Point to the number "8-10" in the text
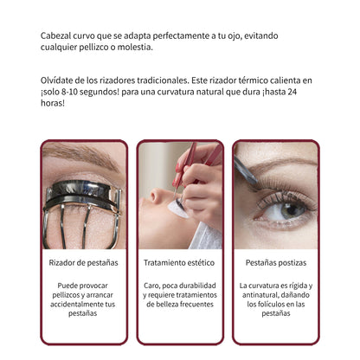[69, 92]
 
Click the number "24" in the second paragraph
[292, 92]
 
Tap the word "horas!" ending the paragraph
[53, 103]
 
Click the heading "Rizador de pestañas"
[83, 263]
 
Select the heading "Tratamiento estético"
[179, 263]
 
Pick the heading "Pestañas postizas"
[276, 263]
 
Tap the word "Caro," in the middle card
[151, 286]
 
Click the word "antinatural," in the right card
[260, 295]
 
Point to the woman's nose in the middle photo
[157, 196]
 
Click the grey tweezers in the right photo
[245, 170]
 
